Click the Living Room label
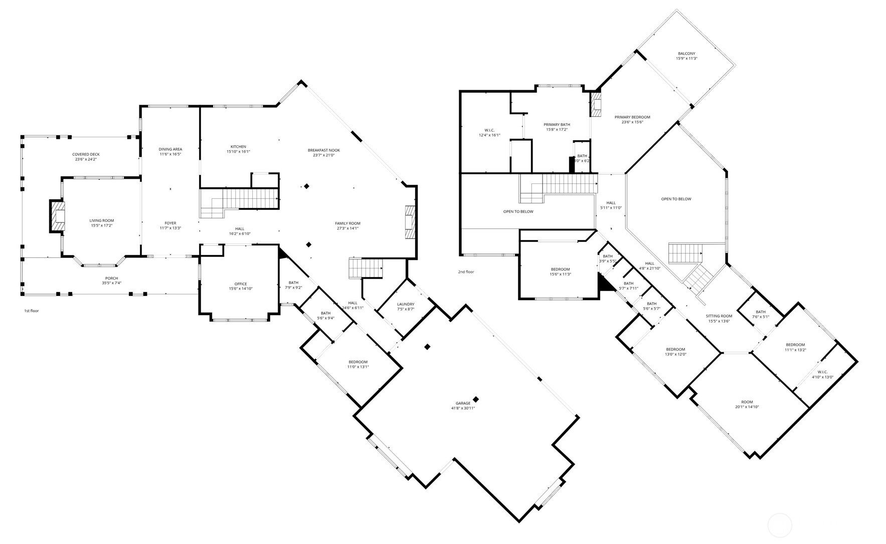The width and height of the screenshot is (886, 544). tap(102, 220)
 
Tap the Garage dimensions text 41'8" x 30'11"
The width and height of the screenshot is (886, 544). tap(463, 408)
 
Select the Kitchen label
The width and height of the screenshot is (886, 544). tap(238, 147)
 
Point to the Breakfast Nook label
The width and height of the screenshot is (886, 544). tap(324, 150)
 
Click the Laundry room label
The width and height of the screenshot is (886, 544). tap(406, 304)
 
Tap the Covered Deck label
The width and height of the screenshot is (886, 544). tap(85, 154)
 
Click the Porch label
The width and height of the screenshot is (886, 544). tap(111, 279)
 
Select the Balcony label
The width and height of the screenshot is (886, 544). tap(686, 54)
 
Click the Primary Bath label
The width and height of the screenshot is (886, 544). tap(557, 125)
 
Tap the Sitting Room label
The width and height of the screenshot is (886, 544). tap(719, 316)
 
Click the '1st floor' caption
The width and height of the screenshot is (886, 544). tap(32, 311)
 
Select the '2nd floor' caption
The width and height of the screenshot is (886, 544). tap(465, 272)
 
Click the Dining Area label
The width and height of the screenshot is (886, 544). tap(170, 149)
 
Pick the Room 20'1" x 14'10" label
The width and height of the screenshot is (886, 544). tap(747, 402)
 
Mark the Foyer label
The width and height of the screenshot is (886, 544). tap(170, 223)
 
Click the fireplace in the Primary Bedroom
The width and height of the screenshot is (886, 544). tap(596, 104)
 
